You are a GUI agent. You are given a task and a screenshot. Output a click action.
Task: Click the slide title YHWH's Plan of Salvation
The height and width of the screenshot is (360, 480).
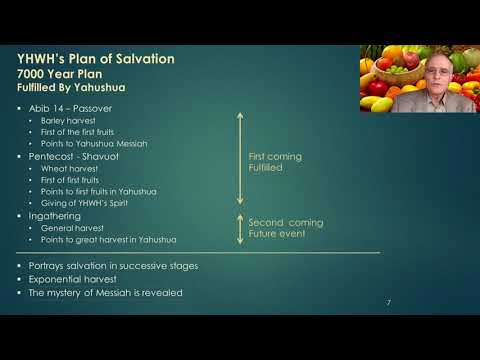click(96, 59)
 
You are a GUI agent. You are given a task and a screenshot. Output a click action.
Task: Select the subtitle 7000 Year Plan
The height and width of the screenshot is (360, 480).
click(64, 74)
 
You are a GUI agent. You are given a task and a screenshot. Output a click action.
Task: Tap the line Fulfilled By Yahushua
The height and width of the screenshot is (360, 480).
click(78, 88)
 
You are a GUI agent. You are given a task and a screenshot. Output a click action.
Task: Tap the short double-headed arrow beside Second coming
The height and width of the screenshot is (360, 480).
click(239, 228)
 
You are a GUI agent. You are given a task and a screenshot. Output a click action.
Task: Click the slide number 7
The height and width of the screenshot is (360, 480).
click(388, 302)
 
